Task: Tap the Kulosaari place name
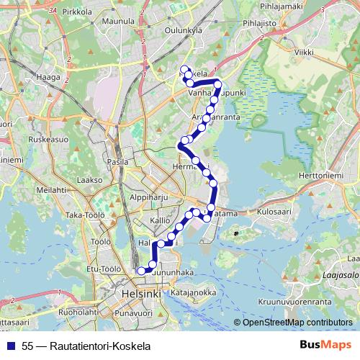(272, 212)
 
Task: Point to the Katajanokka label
(193, 293)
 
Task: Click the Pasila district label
(117, 163)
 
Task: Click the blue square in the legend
(12, 346)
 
